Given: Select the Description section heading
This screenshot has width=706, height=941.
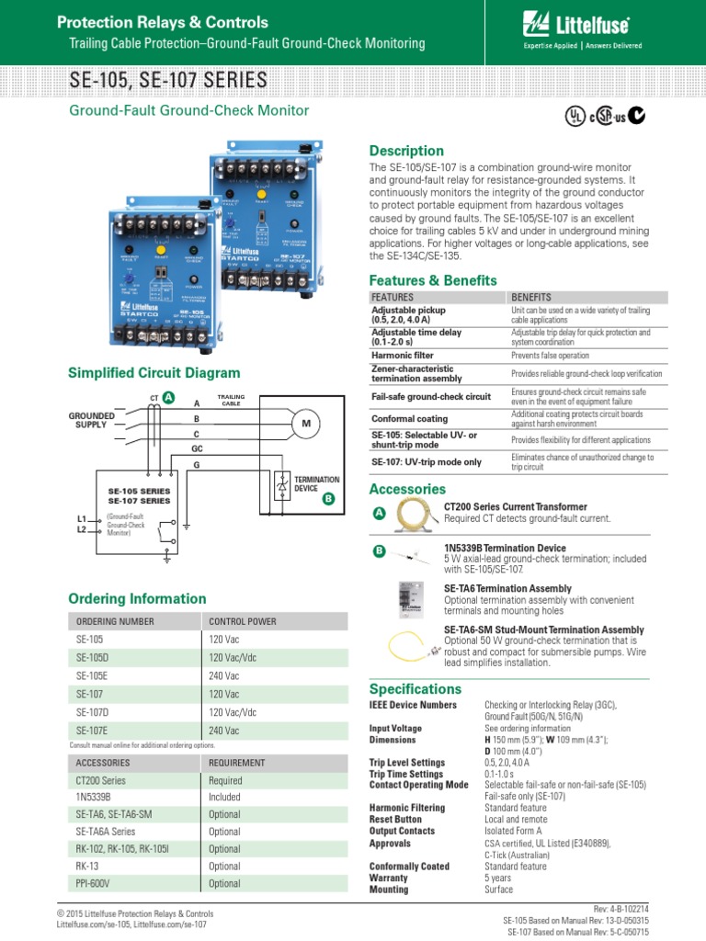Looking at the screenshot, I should click(x=405, y=151).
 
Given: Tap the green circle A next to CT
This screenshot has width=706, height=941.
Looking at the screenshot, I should click(x=168, y=396).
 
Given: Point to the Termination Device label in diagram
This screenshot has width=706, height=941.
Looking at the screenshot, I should click(x=315, y=484).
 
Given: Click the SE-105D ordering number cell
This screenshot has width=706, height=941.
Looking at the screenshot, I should click(x=93, y=657).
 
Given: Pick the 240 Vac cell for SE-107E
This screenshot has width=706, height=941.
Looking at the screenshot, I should click(x=223, y=731).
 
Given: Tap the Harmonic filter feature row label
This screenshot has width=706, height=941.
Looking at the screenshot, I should click(x=402, y=355).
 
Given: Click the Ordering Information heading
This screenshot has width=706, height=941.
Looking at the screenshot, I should click(x=138, y=599).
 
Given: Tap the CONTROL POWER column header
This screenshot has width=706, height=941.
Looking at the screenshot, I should click(x=243, y=621).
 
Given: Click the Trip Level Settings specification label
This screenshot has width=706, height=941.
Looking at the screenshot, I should click(x=407, y=763).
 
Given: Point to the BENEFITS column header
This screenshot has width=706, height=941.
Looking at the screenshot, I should click(x=531, y=298).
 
